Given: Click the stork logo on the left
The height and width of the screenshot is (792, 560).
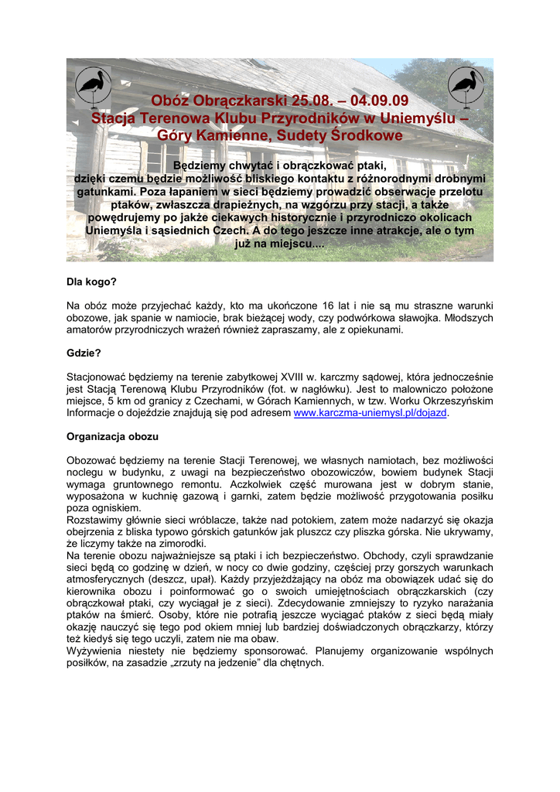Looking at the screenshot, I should click(x=94, y=87).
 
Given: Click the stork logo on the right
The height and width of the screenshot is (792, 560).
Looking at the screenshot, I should click(x=466, y=87).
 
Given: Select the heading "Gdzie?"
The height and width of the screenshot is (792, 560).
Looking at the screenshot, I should click(x=84, y=353).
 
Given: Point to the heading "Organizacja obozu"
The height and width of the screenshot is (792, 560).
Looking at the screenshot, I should click(x=112, y=436).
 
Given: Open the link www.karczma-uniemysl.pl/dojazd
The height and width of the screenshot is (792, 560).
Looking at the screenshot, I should click(x=370, y=413).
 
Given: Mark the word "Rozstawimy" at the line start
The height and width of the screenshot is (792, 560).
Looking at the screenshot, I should click(x=95, y=520).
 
